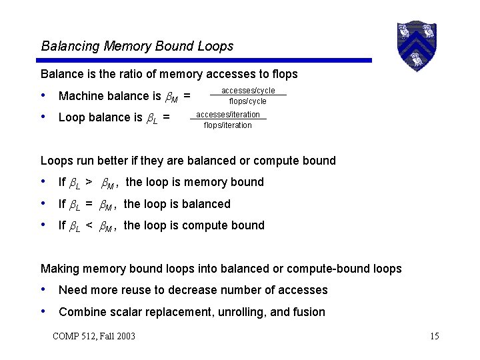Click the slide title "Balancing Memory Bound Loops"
(137, 46)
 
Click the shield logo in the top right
(416, 45)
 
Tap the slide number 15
(435, 335)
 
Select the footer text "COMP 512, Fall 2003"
(94, 335)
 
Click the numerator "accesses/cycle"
(248, 91)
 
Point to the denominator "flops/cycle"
(247, 101)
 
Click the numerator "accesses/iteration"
(228, 115)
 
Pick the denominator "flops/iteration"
(227, 125)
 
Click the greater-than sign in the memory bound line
(89, 182)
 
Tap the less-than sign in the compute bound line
(89, 225)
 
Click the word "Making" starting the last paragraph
(61, 269)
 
